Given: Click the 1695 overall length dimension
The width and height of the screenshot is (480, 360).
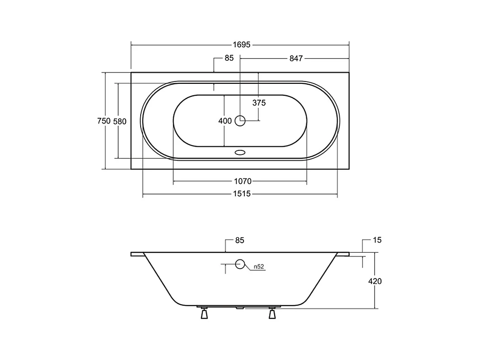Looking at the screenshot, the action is [242, 45].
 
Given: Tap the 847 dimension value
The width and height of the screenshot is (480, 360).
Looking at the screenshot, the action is [296, 58].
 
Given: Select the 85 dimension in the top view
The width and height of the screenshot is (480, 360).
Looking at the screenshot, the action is [229, 58].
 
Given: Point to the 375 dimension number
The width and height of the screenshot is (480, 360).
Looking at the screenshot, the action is [259, 103].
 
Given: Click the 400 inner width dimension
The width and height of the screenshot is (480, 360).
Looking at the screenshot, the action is [225, 121].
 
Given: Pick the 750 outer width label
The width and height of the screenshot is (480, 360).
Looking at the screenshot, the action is [104, 121].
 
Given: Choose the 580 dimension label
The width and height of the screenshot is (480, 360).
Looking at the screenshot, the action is [120, 122].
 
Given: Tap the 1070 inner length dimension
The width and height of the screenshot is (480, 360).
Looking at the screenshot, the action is [243, 182].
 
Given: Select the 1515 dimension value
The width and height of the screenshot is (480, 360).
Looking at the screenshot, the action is [242, 194].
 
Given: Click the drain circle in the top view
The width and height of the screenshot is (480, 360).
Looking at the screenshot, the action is [240, 121].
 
